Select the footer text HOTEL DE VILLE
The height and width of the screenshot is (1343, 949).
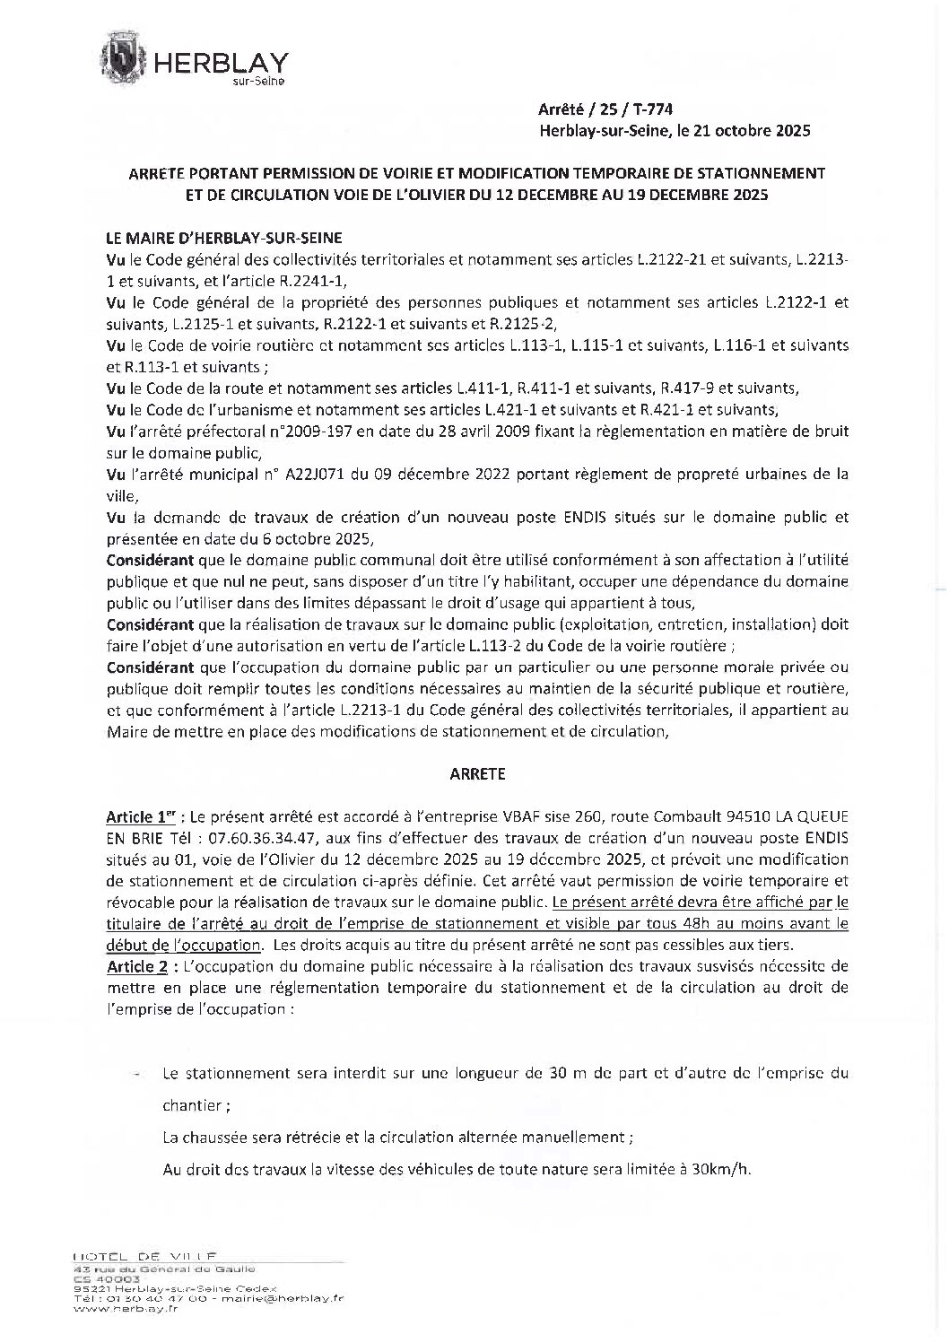(146, 1254)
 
